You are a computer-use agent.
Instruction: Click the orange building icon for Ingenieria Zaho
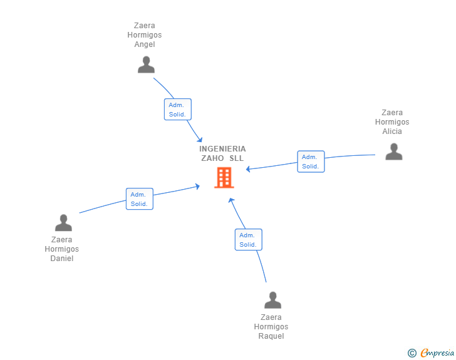(x=224, y=178)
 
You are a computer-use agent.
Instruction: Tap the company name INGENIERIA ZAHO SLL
(x=222, y=153)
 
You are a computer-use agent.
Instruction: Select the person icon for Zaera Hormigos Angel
(x=146, y=65)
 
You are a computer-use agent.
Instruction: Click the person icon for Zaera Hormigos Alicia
(x=393, y=152)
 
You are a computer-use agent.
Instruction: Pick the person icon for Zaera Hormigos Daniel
(x=63, y=223)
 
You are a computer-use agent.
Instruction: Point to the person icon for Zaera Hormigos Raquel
(x=272, y=301)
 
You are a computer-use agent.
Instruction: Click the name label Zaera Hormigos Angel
(x=145, y=35)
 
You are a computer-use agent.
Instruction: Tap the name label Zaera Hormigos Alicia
(x=392, y=122)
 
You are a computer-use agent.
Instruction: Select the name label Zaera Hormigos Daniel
(x=62, y=249)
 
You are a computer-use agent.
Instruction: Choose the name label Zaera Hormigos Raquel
(x=271, y=327)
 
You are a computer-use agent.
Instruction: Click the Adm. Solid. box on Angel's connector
(x=177, y=110)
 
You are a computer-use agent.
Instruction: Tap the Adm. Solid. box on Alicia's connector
(x=311, y=162)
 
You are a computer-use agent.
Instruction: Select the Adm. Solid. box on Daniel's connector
(x=139, y=199)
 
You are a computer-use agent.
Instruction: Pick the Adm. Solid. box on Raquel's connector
(x=248, y=240)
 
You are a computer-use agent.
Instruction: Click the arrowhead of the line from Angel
(x=200, y=140)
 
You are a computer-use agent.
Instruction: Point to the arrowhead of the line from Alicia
(x=249, y=169)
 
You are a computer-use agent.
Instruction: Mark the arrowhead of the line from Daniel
(x=197, y=186)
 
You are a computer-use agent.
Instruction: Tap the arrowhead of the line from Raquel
(x=231, y=200)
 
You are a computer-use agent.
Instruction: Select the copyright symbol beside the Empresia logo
(x=412, y=354)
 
